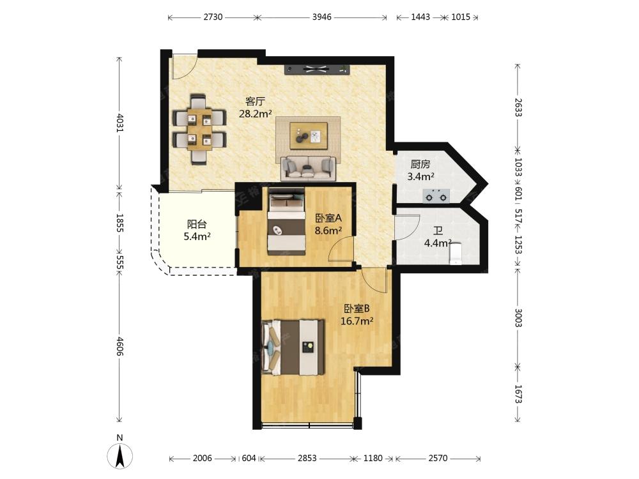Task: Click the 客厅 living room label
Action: coord(255,101)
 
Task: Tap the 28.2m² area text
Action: coord(255,114)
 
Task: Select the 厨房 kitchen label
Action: coord(420,164)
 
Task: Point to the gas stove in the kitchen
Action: coord(436,196)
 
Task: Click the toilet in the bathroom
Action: coord(455,254)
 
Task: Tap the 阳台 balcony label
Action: coord(197,224)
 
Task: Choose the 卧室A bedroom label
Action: coord(328,218)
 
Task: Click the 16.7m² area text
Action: coord(357,321)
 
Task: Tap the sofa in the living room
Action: coord(308,168)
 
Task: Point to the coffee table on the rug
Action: coord(309,135)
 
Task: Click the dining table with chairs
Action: coord(199,129)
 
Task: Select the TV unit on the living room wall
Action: coord(317,70)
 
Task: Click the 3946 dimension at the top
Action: coord(322,17)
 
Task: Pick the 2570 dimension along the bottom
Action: coord(438,458)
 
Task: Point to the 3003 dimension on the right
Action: coord(518,317)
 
